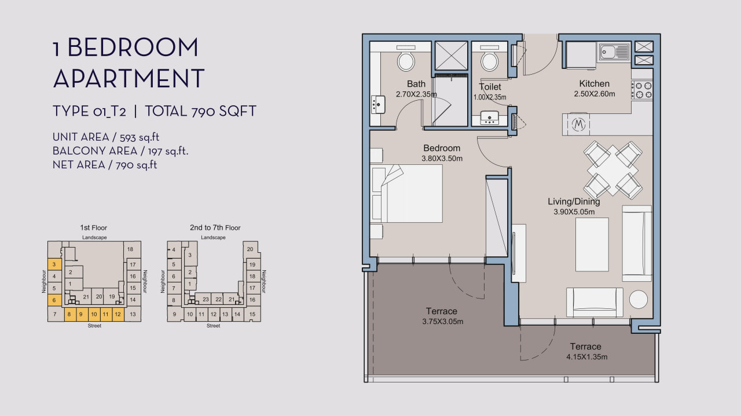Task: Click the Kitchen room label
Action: [594, 84]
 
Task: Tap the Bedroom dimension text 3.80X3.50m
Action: [442, 159]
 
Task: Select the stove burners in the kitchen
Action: [642, 90]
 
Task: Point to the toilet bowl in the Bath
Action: [406, 61]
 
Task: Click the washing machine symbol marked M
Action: [578, 124]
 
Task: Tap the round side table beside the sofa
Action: [638, 299]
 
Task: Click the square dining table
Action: [613, 170]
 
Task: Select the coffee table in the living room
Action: [592, 244]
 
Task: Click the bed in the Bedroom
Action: [406, 193]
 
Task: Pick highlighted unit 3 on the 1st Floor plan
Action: [54, 264]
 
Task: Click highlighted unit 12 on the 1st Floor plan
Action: [118, 314]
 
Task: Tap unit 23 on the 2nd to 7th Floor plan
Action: [206, 299]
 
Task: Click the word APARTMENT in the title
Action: [129, 78]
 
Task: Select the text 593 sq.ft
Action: [140, 137]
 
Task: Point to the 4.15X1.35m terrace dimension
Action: [586, 357]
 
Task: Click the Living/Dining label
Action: [574, 201]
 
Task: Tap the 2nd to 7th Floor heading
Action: [215, 227]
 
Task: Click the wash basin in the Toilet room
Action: [489, 118]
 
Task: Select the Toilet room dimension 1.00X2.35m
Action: [490, 98]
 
